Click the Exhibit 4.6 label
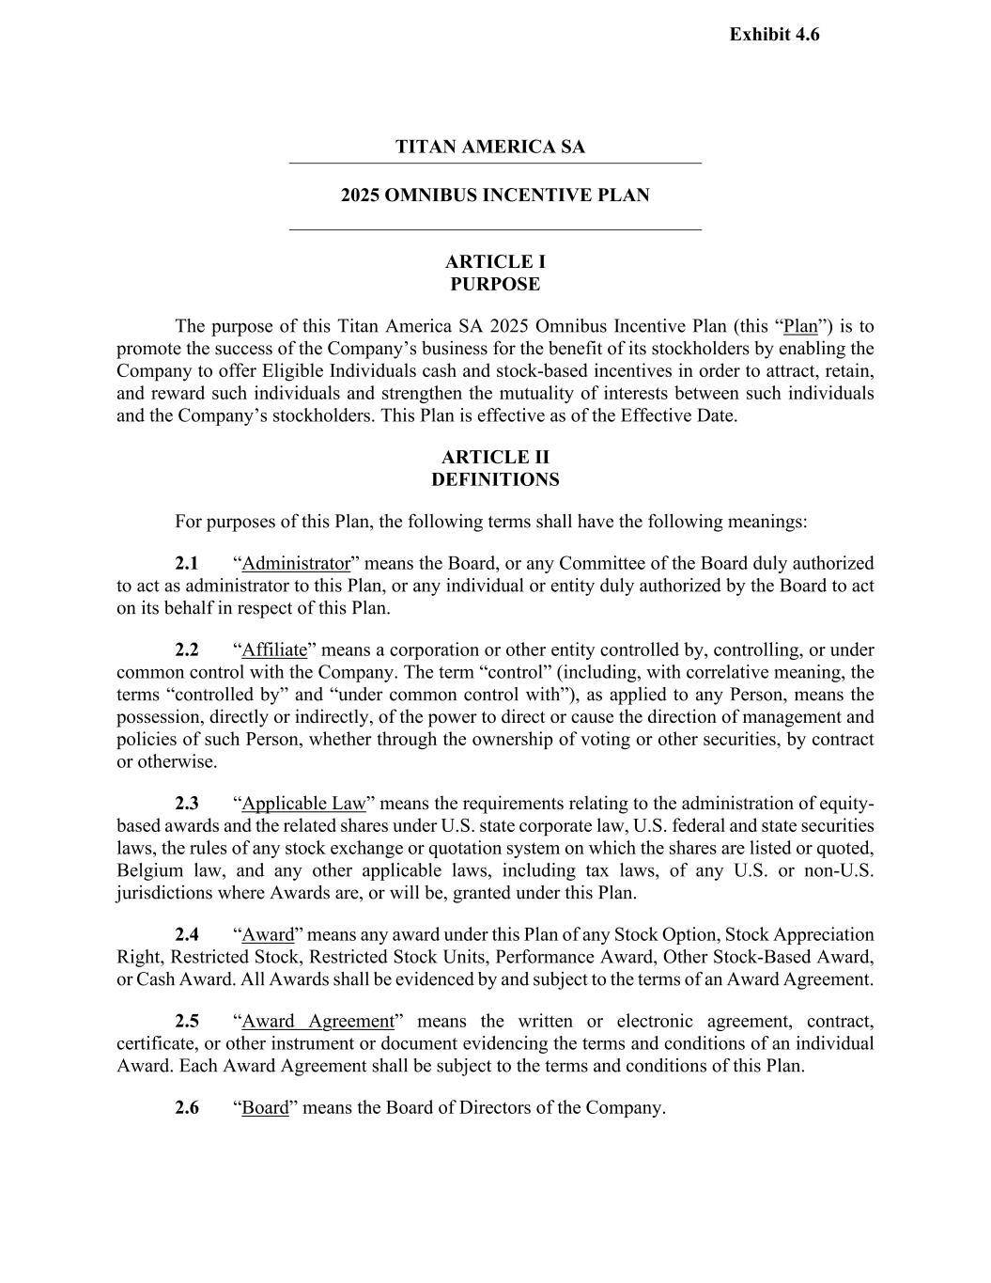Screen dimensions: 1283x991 click(x=774, y=35)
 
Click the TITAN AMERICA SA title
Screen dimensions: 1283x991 click(x=489, y=147)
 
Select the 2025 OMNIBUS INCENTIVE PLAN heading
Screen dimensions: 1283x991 click(x=495, y=196)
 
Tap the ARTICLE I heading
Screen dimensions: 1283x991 click(x=495, y=261)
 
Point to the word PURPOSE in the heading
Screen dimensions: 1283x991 click(x=495, y=284)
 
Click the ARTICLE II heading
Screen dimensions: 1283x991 click(x=495, y=457)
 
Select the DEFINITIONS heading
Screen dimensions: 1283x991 click(x=495, y=479)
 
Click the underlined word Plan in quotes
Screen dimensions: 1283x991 click(x=800, y=327)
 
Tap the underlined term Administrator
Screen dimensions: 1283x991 click(x=296, y=564)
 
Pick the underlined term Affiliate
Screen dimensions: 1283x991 click(x=274, y=650)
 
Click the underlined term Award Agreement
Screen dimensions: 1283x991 click(x=317, y=1022)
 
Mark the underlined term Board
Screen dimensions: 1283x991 click(x=265, y=1108)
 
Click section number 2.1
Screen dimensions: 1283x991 click(x=187, y=564)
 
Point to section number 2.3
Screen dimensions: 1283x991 click(x=187, y=804)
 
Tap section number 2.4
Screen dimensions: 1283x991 click(x=187, y=935)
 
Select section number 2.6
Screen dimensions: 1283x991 click(x=187, y=1108)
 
